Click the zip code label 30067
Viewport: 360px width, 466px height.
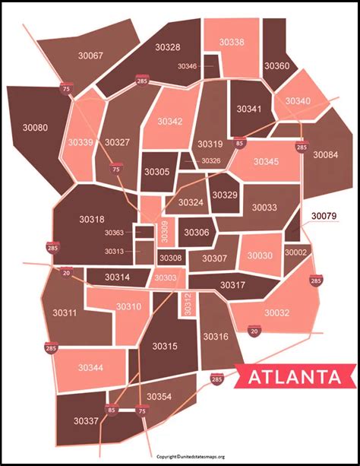point(90,55)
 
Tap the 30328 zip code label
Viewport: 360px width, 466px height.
point(168,47)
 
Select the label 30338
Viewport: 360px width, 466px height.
point(232,42)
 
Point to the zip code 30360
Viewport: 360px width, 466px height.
point(276,66)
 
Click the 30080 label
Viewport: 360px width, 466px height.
point(34,128)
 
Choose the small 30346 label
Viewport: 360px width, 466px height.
point(188,66)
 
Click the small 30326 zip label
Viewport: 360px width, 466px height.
point(210,160)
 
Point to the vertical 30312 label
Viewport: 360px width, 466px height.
point(189,304)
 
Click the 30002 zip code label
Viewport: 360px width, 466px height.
point(296,252)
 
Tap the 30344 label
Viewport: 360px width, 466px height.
point(90,368)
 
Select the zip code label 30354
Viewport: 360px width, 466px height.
point(159,396)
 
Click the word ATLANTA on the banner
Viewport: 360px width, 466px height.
point(292,376)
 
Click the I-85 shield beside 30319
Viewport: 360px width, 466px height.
point(240,141)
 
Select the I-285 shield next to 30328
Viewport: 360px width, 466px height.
point(141,81)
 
